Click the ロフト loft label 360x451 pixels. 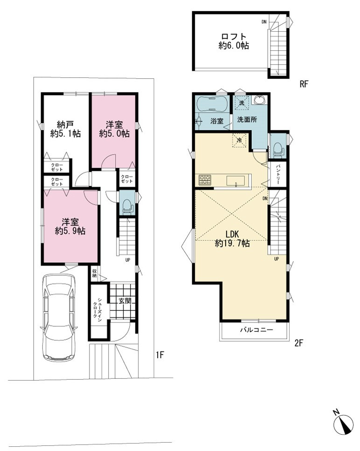(x=234, y=37)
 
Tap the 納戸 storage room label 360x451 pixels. (x=65, y=125)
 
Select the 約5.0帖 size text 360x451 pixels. (x=114, y=133)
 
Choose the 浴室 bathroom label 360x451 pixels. (x=217, y=121)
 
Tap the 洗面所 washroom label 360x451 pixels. (x=247, y=120)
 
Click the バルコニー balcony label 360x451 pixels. (x=256, y=329)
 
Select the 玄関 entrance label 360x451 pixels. (x=125, y=301)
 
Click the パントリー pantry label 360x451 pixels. (x=278, y=174)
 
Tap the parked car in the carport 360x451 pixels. (x=59, y=317)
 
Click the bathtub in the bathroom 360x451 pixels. (x=213, y=104)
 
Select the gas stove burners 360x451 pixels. (x=205, y=180)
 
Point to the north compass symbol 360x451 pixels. (x=344, y=423)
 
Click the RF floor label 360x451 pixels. (x=304, y=84)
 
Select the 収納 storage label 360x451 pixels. (x=94, y=273)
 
